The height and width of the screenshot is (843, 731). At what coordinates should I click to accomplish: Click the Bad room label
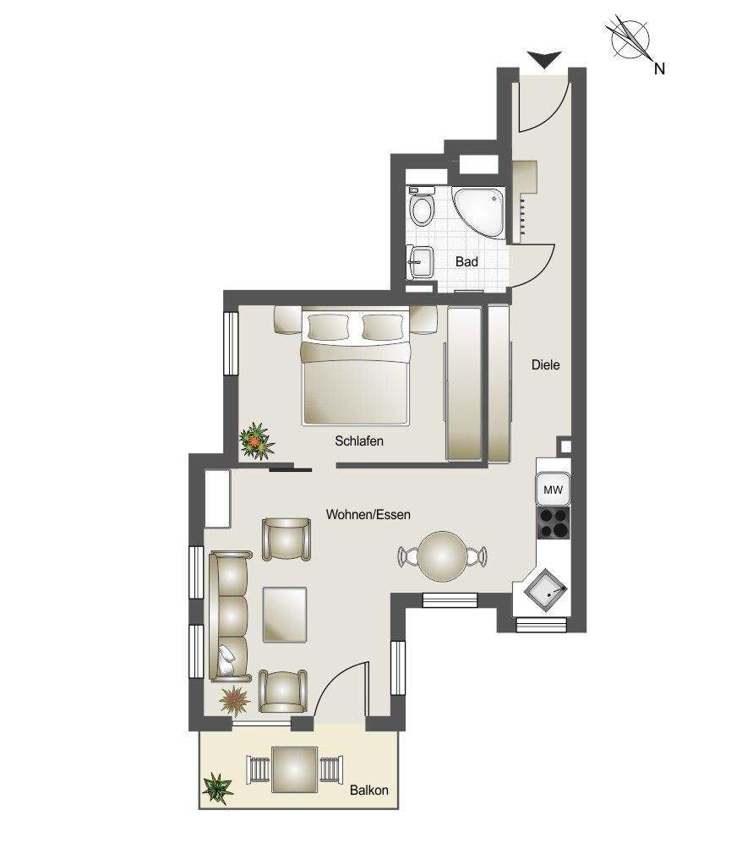tap(466, 262)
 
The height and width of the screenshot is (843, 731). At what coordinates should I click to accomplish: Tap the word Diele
tap(546, 365)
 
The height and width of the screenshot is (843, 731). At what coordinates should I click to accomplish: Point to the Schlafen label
tap(359, 441)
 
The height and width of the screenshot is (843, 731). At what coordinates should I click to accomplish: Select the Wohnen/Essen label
tap(368, 515)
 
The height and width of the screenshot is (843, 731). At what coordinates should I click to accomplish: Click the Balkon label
tap(369, 791)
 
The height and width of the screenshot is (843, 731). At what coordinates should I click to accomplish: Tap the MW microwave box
tap(553, 490)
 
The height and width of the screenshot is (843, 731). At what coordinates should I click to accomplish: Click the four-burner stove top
tap(553, 523)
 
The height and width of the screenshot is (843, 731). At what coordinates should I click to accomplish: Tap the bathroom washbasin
tap(421, 262)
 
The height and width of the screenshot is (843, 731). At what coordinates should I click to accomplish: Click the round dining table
tap(443, 556)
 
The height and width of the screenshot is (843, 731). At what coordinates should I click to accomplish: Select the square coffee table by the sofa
tap(285, 615)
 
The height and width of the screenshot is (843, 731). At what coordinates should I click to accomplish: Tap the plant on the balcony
tap(218, 789)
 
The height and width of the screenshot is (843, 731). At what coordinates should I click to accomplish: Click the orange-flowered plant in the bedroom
tap(256, 441)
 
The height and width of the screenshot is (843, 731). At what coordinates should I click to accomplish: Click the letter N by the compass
tap(659, 68)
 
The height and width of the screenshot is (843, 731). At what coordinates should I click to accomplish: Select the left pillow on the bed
tap(328, 327)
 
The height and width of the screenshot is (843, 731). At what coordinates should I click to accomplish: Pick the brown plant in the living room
tap(235, 699)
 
